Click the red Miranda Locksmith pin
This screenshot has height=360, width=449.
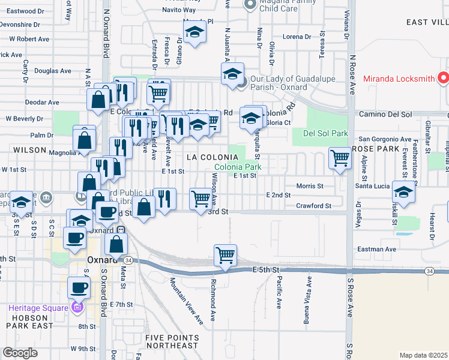point(443,78)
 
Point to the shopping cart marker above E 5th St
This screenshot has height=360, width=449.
point(225,255)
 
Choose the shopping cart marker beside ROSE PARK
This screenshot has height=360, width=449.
point(340,158)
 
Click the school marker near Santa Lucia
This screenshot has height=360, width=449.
point(403,192)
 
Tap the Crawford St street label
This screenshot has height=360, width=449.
point(313,206)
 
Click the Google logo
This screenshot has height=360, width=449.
point(20,352)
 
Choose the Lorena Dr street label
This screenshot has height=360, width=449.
point(297,37)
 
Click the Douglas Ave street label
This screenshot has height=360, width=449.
point(55,71)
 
